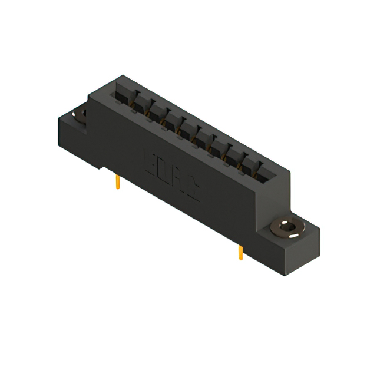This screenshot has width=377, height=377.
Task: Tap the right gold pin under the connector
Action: [x=240, y=253]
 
